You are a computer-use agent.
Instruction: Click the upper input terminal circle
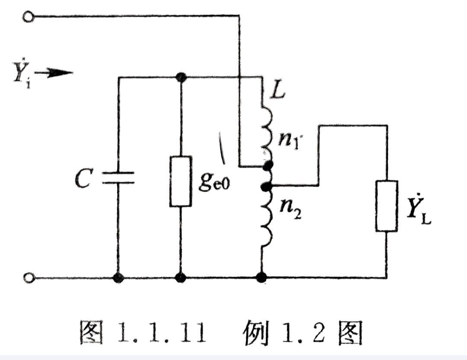pyautogui.click(x=29, y=17)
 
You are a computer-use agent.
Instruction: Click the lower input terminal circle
pyautogui.click(x=29, y=278)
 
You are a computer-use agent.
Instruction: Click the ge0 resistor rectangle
pyautogui.click(x=181, y=181)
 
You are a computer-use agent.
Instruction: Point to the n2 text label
pyautogui.click(x=290, y=212)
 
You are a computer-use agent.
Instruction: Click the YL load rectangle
pyautogui.click(x=386, y=206)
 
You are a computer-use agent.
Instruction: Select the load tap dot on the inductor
pyautogui.click(x=267, y=186)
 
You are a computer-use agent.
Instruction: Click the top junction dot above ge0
pyautogui.click(x=181, y=78)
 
